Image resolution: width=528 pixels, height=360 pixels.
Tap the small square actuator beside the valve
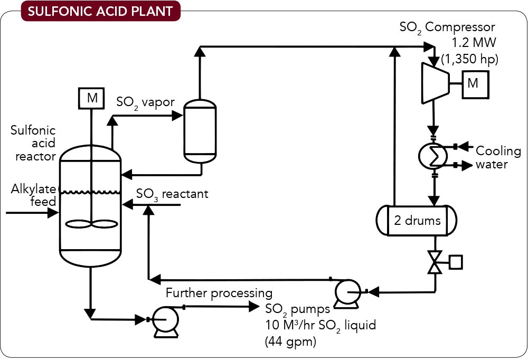[x=455, y=261]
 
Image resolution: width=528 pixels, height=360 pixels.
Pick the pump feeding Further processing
[x=163, y=320]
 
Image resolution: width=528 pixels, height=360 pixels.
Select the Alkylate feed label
[x=33, y=196]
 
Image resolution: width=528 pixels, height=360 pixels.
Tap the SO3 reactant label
[x=172, y=194]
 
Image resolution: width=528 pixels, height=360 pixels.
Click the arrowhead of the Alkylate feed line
[x=53, y=213]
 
